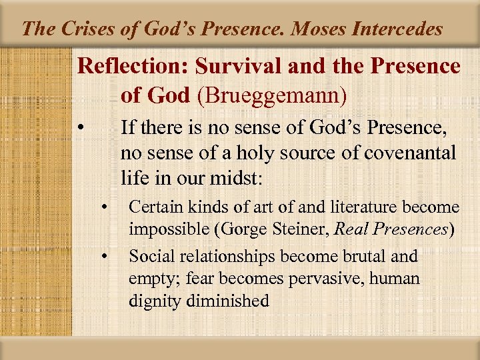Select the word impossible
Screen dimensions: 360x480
(163, 230)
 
